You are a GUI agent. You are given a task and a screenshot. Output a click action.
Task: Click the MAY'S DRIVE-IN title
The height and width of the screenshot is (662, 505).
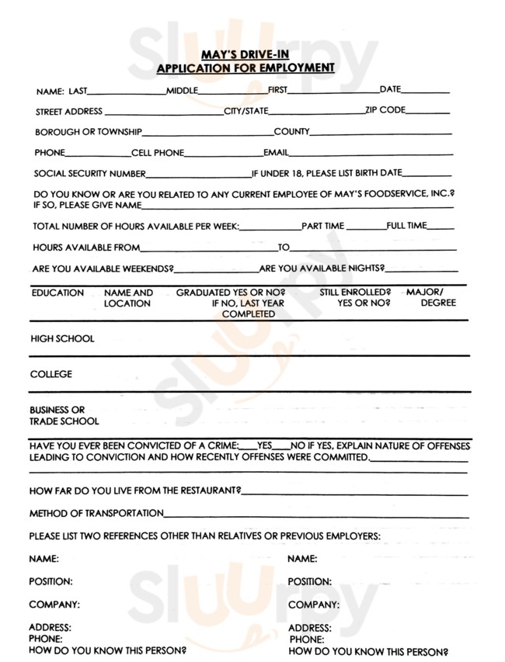(x=246, y=56)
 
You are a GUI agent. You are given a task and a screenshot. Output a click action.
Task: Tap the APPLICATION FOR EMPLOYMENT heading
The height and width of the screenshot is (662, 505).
(x=246, y=68)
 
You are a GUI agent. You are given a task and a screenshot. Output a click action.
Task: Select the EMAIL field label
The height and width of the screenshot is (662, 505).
(x=276, y=153)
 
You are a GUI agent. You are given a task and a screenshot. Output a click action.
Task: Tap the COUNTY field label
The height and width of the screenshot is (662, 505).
(x=291, y=132)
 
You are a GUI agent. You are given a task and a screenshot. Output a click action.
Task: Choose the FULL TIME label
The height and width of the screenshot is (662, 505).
(x=406, y=226)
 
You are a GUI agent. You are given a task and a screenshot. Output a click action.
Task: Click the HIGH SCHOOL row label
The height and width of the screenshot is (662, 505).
(x=62, y=338)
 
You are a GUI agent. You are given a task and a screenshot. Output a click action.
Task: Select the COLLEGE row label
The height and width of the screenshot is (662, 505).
(x=51, y=374)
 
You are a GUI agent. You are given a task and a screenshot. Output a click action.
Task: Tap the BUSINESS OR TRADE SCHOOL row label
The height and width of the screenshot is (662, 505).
(x=64, y=416)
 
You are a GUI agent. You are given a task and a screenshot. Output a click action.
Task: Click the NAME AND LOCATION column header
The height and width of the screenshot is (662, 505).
(x=128, y=298)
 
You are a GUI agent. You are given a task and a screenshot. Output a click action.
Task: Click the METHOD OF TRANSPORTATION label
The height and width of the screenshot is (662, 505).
(x=96, y=513)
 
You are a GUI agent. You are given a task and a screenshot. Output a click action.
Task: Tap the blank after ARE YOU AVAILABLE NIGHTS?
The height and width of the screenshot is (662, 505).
(x=421, y=270)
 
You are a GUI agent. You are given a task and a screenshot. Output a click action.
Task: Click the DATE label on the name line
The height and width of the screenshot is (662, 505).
(x=390, y=90)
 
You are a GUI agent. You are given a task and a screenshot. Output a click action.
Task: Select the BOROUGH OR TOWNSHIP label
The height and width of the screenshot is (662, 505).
(x=88, y=132)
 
